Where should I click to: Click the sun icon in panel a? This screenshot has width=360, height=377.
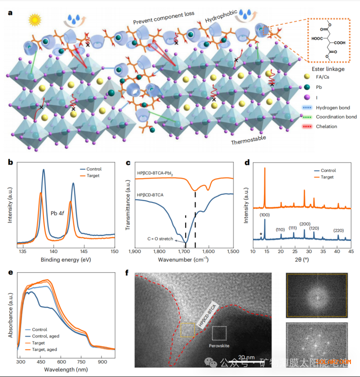pos(34,20)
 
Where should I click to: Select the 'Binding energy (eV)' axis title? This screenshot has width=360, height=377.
pos(65,260)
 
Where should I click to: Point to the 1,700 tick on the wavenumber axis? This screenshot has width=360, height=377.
pos(184,251)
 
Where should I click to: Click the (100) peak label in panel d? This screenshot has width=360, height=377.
pos(265,214)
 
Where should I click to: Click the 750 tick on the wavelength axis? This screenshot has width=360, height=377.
pos(82,361)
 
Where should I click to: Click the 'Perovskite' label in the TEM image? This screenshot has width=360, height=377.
pos(219,346)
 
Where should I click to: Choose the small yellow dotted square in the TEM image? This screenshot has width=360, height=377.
pos(187,330)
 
